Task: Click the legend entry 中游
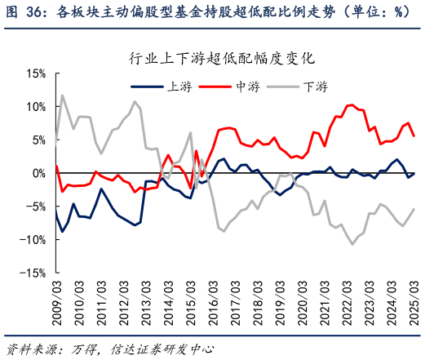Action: point(247,85)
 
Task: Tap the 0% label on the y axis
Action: point(38,173)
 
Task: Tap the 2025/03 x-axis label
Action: point(414,302)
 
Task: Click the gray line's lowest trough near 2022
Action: point(353,244)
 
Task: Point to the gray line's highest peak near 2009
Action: point(62,96)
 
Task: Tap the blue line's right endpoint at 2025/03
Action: point(414,173)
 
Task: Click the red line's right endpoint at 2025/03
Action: point(414,136)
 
